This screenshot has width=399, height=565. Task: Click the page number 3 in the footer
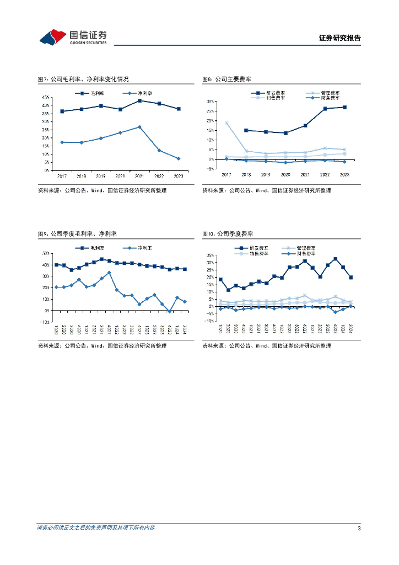coord(359,529)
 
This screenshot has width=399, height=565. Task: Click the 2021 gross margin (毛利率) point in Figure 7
coord(139,100)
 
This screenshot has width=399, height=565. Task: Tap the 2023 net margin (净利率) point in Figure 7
coord(179,159)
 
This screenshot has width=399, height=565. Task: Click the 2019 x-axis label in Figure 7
coord(101,176)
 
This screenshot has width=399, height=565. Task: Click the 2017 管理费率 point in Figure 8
coord(226,123)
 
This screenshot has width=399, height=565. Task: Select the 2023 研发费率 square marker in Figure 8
coord(344,107)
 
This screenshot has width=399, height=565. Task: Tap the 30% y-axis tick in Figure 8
coord(210,102)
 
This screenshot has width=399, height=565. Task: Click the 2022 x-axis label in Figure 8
coord(325,174)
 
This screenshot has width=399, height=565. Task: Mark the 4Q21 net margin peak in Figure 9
coord(109,273)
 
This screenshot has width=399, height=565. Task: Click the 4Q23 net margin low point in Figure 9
coord(169,312)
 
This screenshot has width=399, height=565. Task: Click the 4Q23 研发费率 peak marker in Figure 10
coord(336,259)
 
